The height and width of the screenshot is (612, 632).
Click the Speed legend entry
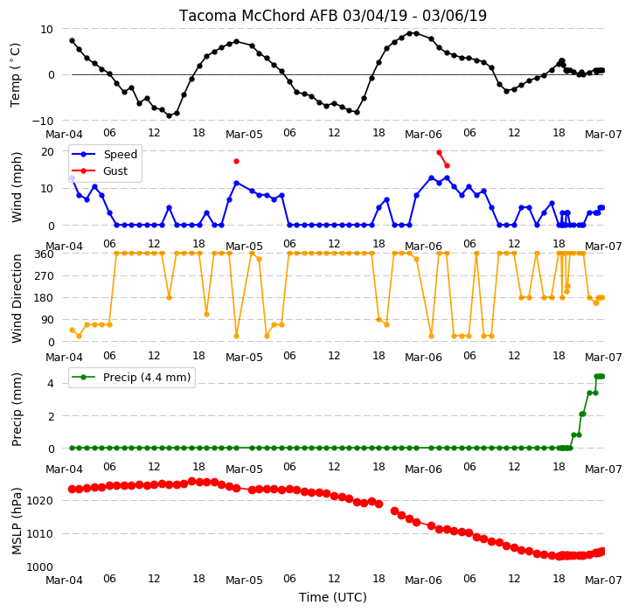(x=104, y=154)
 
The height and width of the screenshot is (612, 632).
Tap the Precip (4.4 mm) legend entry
(x=131, y=378)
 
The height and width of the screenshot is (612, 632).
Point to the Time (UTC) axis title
(x=332, y=597)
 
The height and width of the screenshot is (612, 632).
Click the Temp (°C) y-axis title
(x=16, y=75)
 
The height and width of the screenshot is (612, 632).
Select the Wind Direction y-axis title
(x=17, y=298)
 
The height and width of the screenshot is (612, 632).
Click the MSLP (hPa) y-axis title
(x=17, y=521)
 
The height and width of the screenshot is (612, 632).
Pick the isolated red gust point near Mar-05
(x=237, y=161)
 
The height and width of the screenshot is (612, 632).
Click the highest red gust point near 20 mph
(x=440, y=152)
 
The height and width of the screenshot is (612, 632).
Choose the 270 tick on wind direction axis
(x=44, y=276)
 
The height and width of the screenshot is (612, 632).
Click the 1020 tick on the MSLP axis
(x=40, y=501)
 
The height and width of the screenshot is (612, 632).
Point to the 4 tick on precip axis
(x=51, y=383)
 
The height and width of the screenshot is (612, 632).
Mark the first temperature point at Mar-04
(x=73, y=41)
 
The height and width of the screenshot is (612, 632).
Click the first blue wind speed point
(x=73, y=177)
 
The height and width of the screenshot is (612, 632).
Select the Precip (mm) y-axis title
(x=17, y=410)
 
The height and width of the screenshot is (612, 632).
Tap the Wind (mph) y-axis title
(x=17, y=187)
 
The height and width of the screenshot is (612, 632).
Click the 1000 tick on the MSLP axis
(x=40, y=567)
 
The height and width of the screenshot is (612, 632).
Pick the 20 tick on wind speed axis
(x=47, y=151)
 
